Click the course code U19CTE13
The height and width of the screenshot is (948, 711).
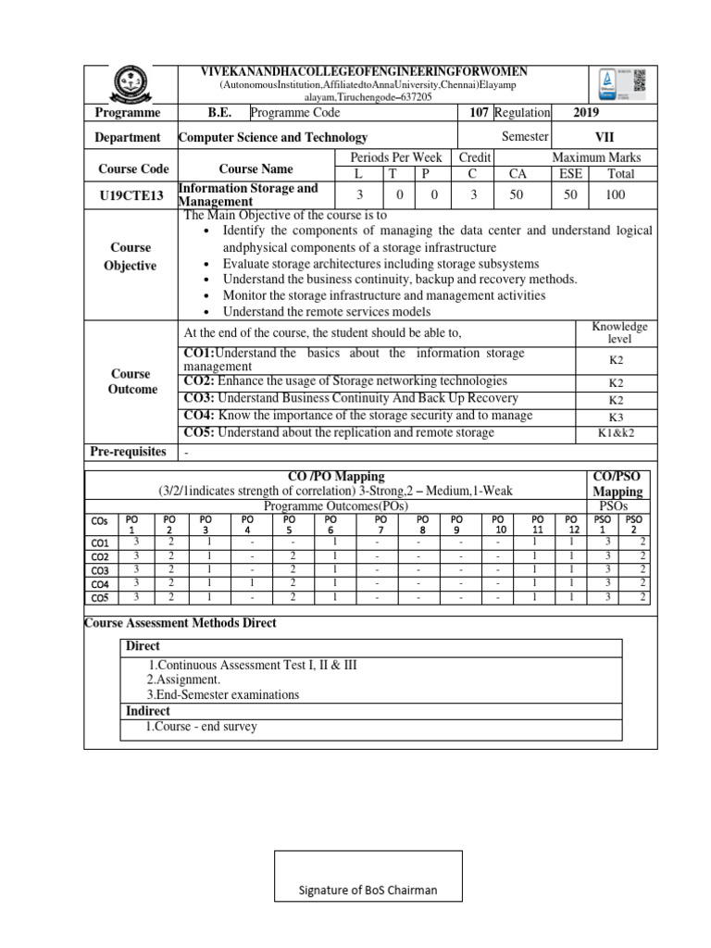pyautogui.click(x=134, y=194)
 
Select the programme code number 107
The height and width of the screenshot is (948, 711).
pyautogui.click(x=479, y=113)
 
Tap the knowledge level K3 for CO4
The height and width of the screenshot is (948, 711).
pyautogui.click(x=617, y=418)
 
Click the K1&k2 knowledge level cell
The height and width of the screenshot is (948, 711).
pyautogui.click(x=617, y=432)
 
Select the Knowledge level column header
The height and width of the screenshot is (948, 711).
pyautogui.click(x=619, y=333)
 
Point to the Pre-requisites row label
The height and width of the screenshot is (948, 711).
pyautogui.click(x=128, y=452)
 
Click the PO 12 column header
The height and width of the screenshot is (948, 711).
pyautogui.click(x=571, y=525)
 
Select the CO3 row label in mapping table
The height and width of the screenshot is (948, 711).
pyautogui.click(x=100, y=571)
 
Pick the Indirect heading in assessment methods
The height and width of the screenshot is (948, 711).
pyautogui.click(x=147, y=711)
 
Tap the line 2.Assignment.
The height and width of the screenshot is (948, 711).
pyautogui.click(x=183, y=680)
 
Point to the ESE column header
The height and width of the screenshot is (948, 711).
pyautogui.click(x=571, y=173)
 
